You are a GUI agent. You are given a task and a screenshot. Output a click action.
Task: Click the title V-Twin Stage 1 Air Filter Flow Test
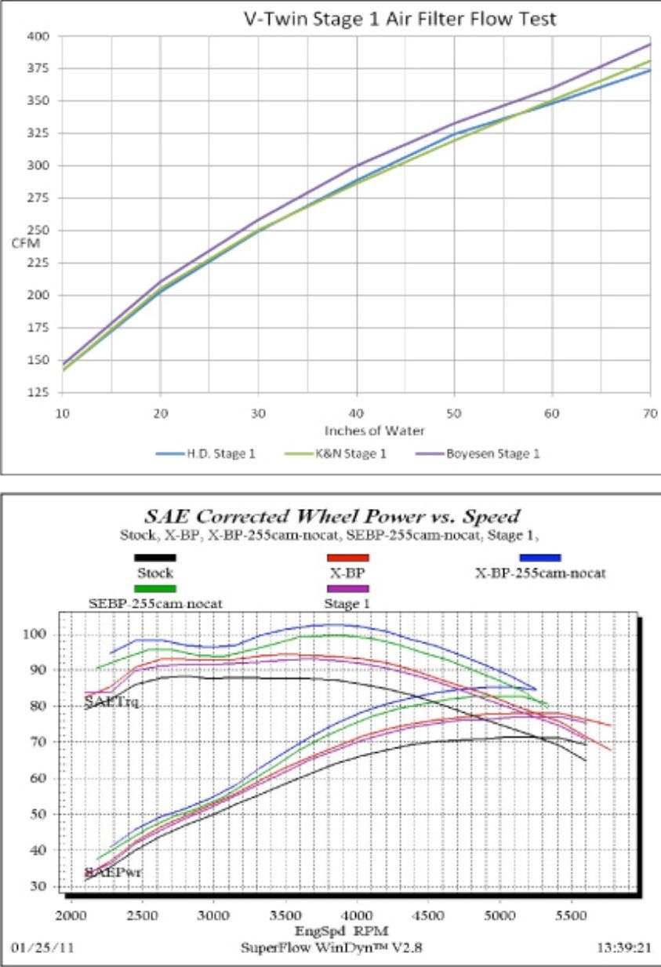pyautogui.click(x=401, y=19)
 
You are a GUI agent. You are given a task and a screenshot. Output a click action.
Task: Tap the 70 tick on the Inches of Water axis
pyautogui.click(x=650, y=411)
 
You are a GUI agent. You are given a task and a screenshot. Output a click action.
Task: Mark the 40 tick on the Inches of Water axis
pyautogui.click(x=357, y=411)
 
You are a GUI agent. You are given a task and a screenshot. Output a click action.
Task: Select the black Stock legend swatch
pyautogui.click(x=155, y=558)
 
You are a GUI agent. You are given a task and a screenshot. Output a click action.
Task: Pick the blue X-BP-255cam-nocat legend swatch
pyautogui.click(x=539, y=558)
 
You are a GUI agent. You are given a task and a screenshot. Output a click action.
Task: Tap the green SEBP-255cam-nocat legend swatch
pyautogui.click(x=155, y=587)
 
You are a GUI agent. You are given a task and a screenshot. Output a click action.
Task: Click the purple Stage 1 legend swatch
pyautogui.click(x=347, y=587)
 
